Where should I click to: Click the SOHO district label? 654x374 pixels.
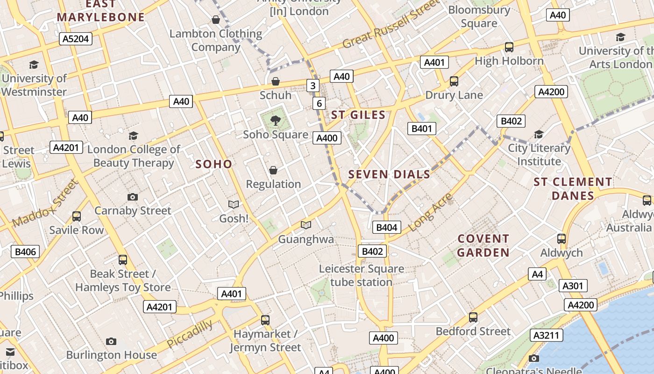coord(213,164)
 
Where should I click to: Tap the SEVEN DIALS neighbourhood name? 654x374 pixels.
coord(389,175)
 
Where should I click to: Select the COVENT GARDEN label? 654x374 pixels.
coord(483,245)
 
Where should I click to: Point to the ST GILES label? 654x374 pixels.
coord(358,115)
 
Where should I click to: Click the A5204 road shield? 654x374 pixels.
coord(76,39)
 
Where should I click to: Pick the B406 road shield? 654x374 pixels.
coord(25,252)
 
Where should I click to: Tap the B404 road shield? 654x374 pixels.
coord(386,228)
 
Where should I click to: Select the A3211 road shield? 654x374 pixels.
coord(547,335)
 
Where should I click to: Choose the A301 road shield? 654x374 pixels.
coord(572,286)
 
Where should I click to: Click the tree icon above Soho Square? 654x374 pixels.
coord(276,121)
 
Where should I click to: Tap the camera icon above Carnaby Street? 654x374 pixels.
coord(133,197)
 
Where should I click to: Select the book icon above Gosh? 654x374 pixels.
coord(234,205)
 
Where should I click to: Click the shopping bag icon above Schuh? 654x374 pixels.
coord(276,82)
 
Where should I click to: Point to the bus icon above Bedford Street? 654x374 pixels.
coord(473,317)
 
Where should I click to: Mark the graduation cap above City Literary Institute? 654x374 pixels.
coord(539,135)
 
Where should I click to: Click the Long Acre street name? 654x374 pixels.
coord(431,212)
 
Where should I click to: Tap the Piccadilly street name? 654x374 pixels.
coord(190,333)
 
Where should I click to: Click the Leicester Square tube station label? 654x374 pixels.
coord(361,275)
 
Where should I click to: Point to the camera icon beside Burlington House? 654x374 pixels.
coord(111,342)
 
